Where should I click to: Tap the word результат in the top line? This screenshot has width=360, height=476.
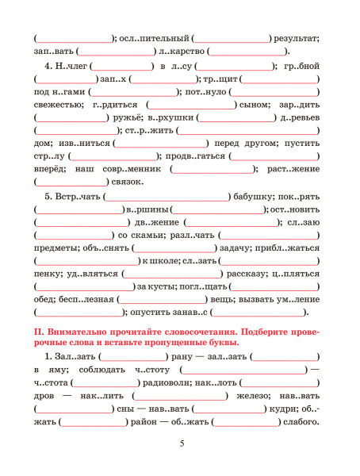[x=297, y=37]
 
